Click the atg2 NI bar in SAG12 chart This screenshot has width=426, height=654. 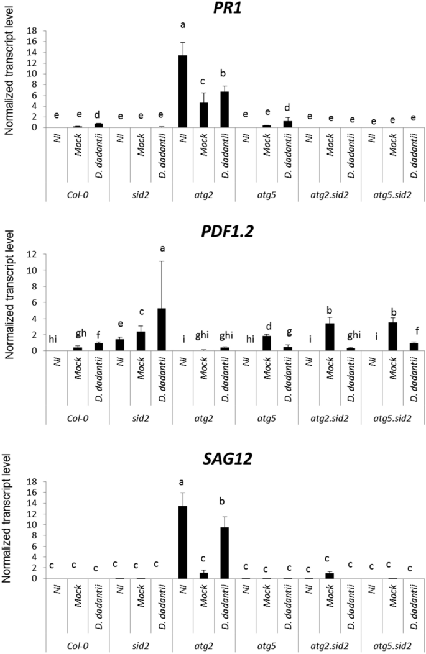point(182,542)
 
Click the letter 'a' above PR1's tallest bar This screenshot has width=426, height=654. point(183,25)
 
